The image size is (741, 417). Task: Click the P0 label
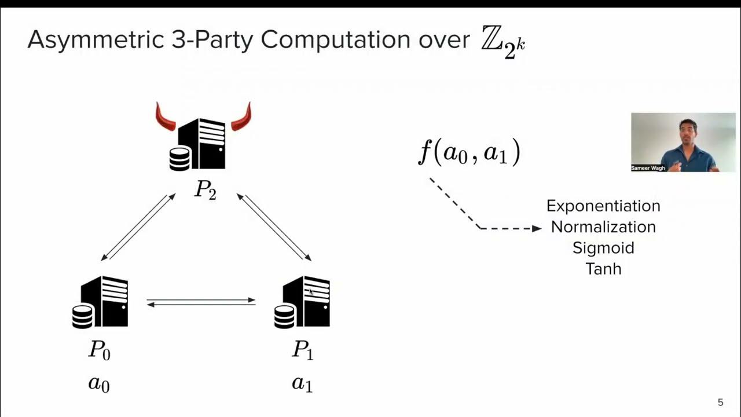tap(99, 350)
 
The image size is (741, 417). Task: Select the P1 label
tap(302, 350)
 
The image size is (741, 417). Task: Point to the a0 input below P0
tap(98, 383)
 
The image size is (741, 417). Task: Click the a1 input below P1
tap(302, 383)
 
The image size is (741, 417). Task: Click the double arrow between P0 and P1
tap(201, 302)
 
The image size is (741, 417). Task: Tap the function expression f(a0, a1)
tap(469, 153)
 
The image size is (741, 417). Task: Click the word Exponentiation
tap(603, 206)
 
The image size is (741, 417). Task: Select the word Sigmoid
tap(603, 248)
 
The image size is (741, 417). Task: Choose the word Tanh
tap(603, 269)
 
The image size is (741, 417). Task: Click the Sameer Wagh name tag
tap(648, 168)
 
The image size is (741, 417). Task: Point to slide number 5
tap(720, 403)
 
